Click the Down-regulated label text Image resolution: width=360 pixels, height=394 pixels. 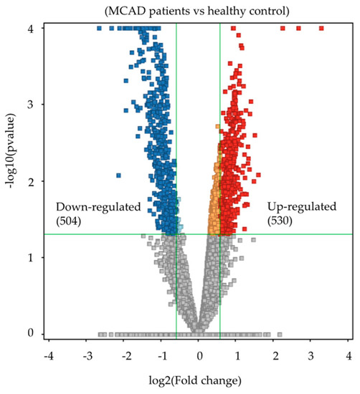tap(98, 207)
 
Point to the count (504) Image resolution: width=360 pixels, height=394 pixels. tap(70, 221)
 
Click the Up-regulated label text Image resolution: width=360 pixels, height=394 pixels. tap(301, 207)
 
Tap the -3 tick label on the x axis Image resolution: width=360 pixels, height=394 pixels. tap(86, 356)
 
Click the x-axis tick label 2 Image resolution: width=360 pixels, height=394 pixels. tap(275, 356)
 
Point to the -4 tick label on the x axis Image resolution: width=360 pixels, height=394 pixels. tap(48, 356)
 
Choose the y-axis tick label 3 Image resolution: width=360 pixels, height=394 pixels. tap(30, 105)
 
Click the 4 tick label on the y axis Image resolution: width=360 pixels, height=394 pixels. tap(30, 29)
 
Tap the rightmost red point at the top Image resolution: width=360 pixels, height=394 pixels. tap(321, 28)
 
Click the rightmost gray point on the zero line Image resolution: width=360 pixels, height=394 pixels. tap(280, 334)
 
